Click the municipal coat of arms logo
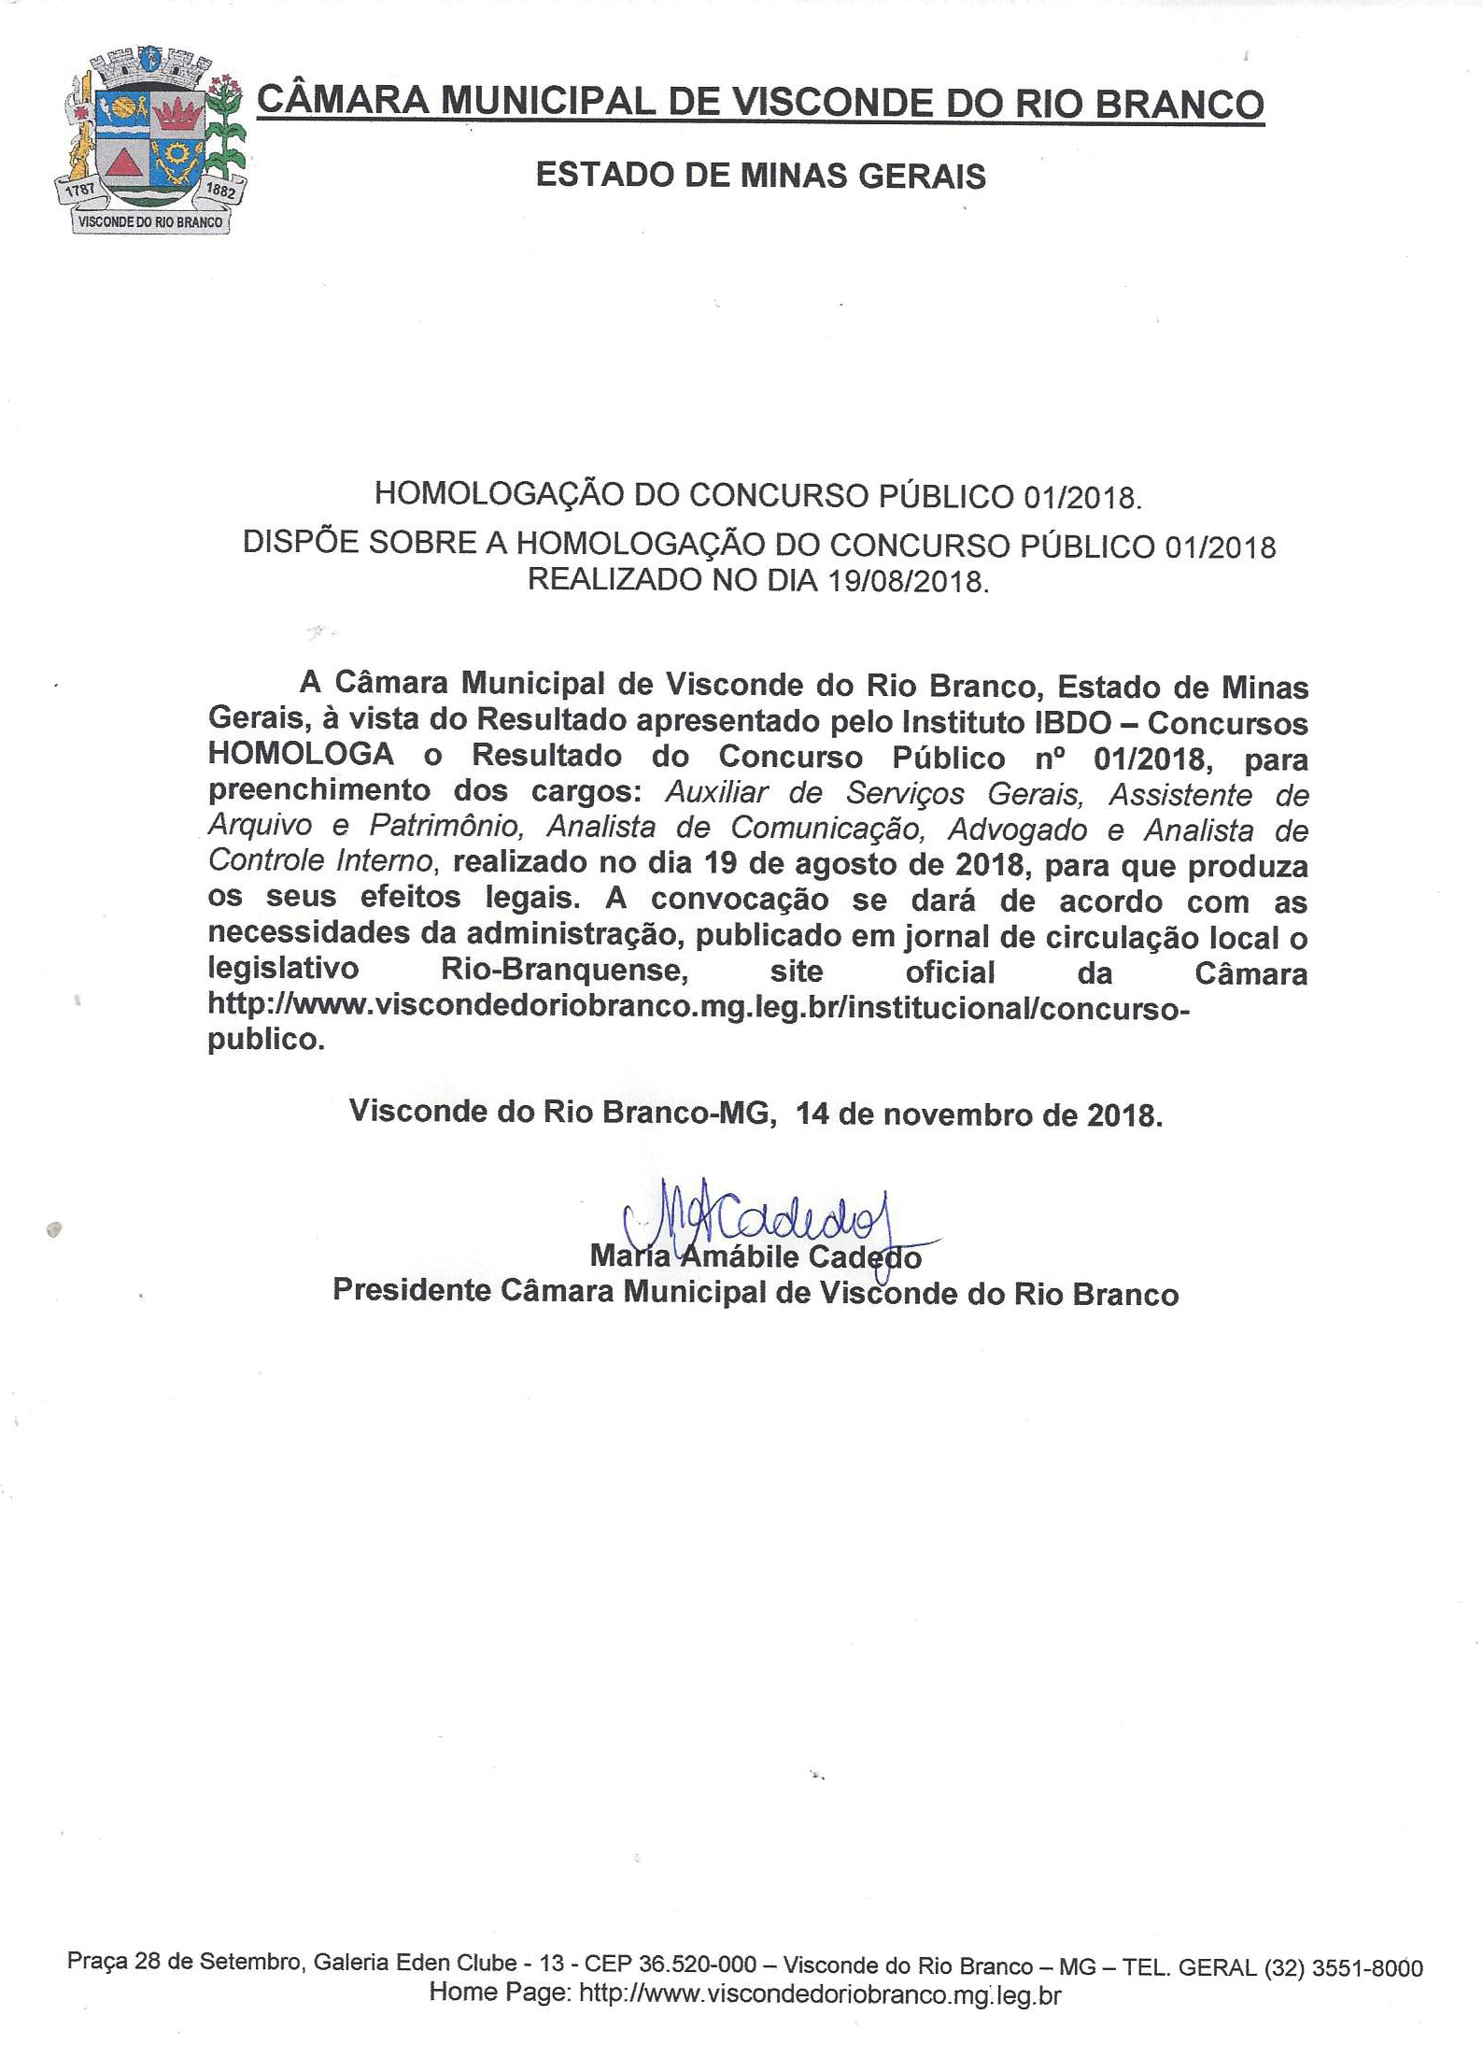click(x=149, y=140)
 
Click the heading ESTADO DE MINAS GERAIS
click(x=760, y=176)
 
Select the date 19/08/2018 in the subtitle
click(x=905, y=581)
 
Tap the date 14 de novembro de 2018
click(x=979, y=1114)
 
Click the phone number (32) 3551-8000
click(x=1343, y=1968)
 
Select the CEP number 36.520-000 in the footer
click(x=684, y=1966)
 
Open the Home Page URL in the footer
click(x=820, y=1994)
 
